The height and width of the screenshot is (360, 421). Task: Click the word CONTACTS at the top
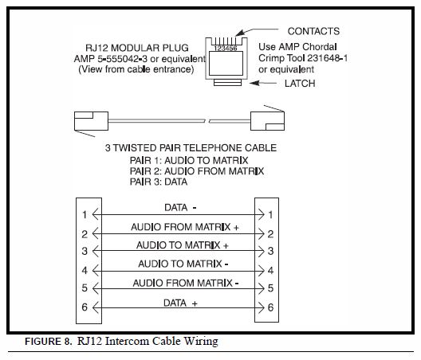pos(313,31)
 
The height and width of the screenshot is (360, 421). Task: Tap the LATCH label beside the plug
pos(300,84)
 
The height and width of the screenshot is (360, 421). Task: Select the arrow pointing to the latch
pos(263,83)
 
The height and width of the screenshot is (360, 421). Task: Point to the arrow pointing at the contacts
pos(257,32)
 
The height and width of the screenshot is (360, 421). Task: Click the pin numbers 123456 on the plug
pos(226,49)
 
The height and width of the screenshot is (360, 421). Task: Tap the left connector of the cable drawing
pos(91,121)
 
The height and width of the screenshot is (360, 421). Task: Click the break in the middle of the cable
pos(207,121)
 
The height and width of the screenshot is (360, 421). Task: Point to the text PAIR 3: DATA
pos(159,182)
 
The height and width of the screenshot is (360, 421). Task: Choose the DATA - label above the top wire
pos(180,208)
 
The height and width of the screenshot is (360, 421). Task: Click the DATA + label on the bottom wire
pos(180,303)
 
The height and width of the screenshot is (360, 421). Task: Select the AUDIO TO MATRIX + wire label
pos(183,245)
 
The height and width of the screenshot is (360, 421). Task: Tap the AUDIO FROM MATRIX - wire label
pos(186,283)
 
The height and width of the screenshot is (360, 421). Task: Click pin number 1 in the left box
pos(85,214)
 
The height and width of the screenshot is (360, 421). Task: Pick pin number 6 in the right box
pos(270,307)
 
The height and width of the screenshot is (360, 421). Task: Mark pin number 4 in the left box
pos(85,271)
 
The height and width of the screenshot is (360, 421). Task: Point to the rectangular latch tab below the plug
pos(227,83)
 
